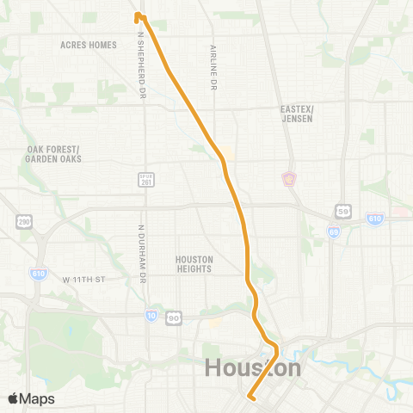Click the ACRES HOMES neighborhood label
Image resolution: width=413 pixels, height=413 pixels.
click(89, 45)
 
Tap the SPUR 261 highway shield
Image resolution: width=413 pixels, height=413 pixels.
click(145, 179)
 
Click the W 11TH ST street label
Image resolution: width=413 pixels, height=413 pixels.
click(83, 280)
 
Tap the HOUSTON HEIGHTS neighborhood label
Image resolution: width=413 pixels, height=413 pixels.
click(193, 263)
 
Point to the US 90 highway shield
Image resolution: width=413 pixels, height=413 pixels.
click(174, 317)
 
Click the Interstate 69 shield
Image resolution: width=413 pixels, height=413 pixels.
click(332, 231)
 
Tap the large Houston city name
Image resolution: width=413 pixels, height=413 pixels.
click(253, 368)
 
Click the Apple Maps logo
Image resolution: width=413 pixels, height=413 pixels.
click(30, 398)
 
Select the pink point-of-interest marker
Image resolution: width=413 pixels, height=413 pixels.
click(288, 179)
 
